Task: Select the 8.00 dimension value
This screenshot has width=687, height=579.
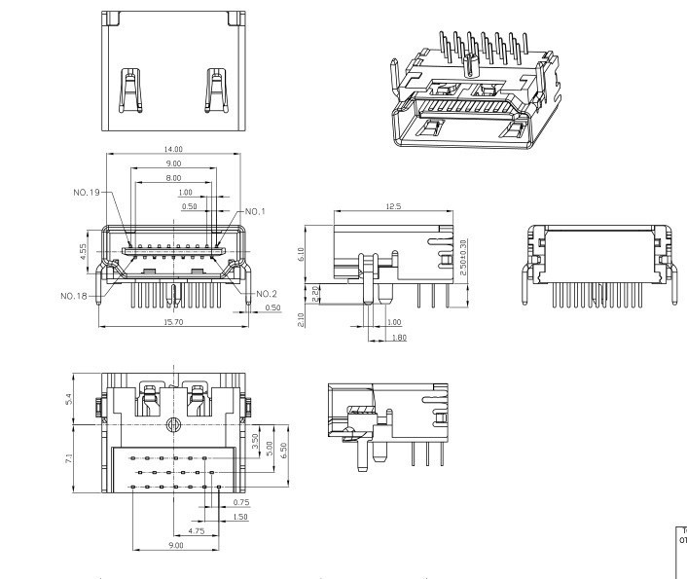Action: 173,179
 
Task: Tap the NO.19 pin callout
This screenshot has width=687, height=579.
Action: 87,193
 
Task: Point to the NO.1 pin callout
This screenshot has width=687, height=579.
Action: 255,211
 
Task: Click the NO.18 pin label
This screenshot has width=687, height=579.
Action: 74,295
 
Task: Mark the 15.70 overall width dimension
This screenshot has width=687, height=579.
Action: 173,321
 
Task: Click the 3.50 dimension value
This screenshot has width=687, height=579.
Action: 255,439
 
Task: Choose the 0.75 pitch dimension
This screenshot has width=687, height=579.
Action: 241,501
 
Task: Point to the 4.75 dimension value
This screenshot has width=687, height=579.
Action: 196,531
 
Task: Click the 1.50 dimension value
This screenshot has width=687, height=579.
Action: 241,516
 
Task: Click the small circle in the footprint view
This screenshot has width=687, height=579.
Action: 173,424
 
